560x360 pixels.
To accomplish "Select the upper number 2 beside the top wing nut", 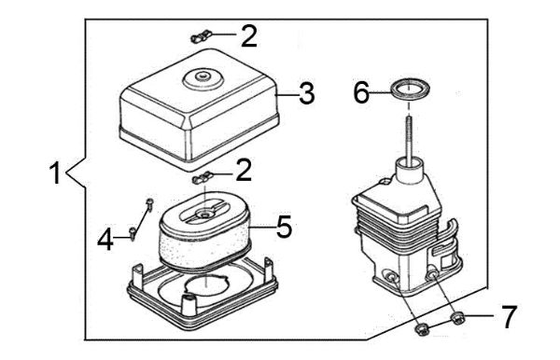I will [248, 36].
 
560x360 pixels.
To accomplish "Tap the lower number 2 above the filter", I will [245, 170].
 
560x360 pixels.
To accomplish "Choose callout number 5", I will [285, 227].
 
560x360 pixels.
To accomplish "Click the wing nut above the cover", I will [199, 37].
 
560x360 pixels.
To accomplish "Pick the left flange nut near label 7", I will [421, 328].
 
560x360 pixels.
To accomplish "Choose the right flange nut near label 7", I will [455, 321].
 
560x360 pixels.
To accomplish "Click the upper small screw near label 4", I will [148, 204].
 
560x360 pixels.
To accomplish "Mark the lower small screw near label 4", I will [134, 229].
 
